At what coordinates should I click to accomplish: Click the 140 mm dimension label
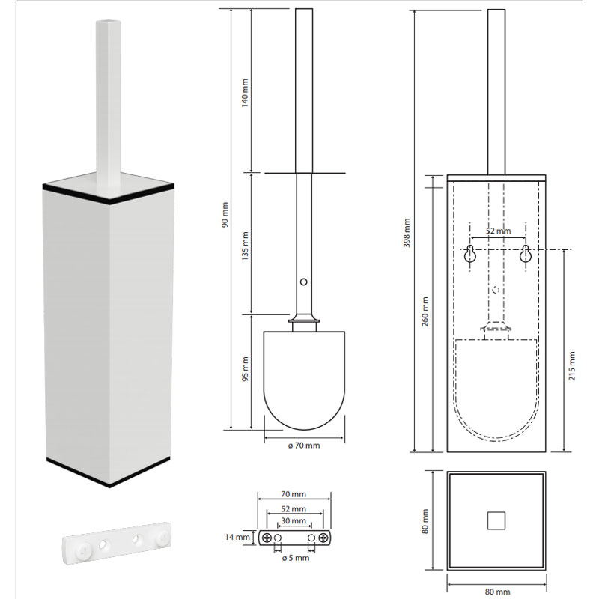point(245,93)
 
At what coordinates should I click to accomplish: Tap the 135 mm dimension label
point(245,246)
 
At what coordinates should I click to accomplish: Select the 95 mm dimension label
point(245,369)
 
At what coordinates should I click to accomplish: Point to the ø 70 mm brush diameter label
point(304,446)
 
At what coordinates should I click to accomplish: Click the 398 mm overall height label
point(407,233)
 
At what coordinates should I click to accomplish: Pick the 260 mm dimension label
point(425,311)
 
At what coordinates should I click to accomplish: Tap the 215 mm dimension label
point(572,366)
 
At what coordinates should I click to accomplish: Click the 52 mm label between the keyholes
point(498,231)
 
